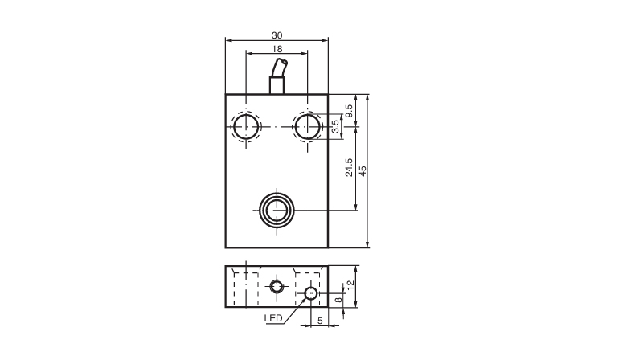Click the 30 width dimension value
click(x=277, y=35)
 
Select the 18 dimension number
click(x=277, y=49)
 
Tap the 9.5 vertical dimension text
click(x=349, y=111)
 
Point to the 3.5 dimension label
click(x=335, y=126)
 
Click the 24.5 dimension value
click(x=349, y=167)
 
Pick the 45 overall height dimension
click(x=363, y=171)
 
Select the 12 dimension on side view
click(x=350, y=284)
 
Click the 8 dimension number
click(x=338, y=300)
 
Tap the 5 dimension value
click(x=320, y=321)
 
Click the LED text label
click(x=273, y=318)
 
